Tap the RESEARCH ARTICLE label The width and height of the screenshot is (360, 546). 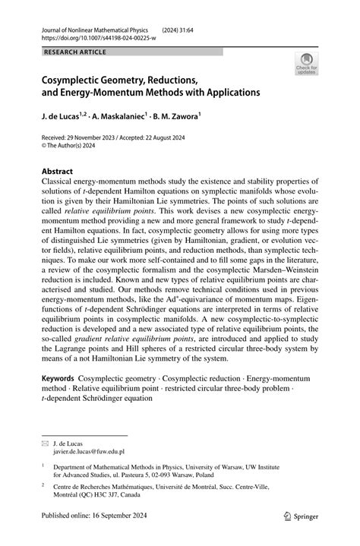[74, 52]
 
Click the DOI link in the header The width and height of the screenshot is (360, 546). [88, 36]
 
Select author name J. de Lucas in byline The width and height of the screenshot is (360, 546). [65, 118]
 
